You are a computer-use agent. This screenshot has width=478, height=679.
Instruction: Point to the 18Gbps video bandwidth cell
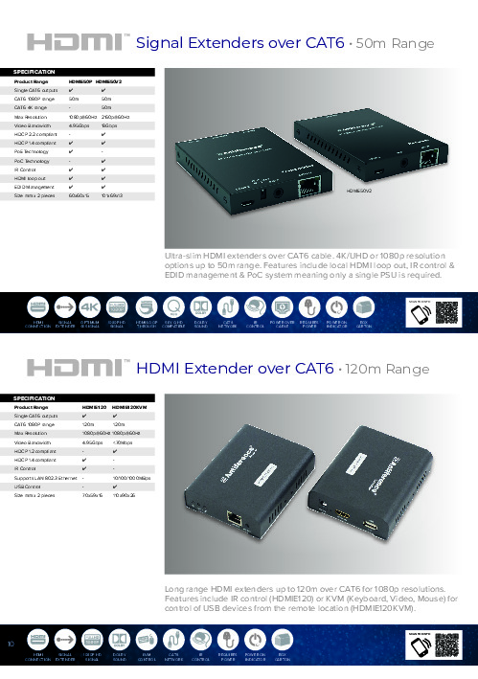(110, 124)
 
